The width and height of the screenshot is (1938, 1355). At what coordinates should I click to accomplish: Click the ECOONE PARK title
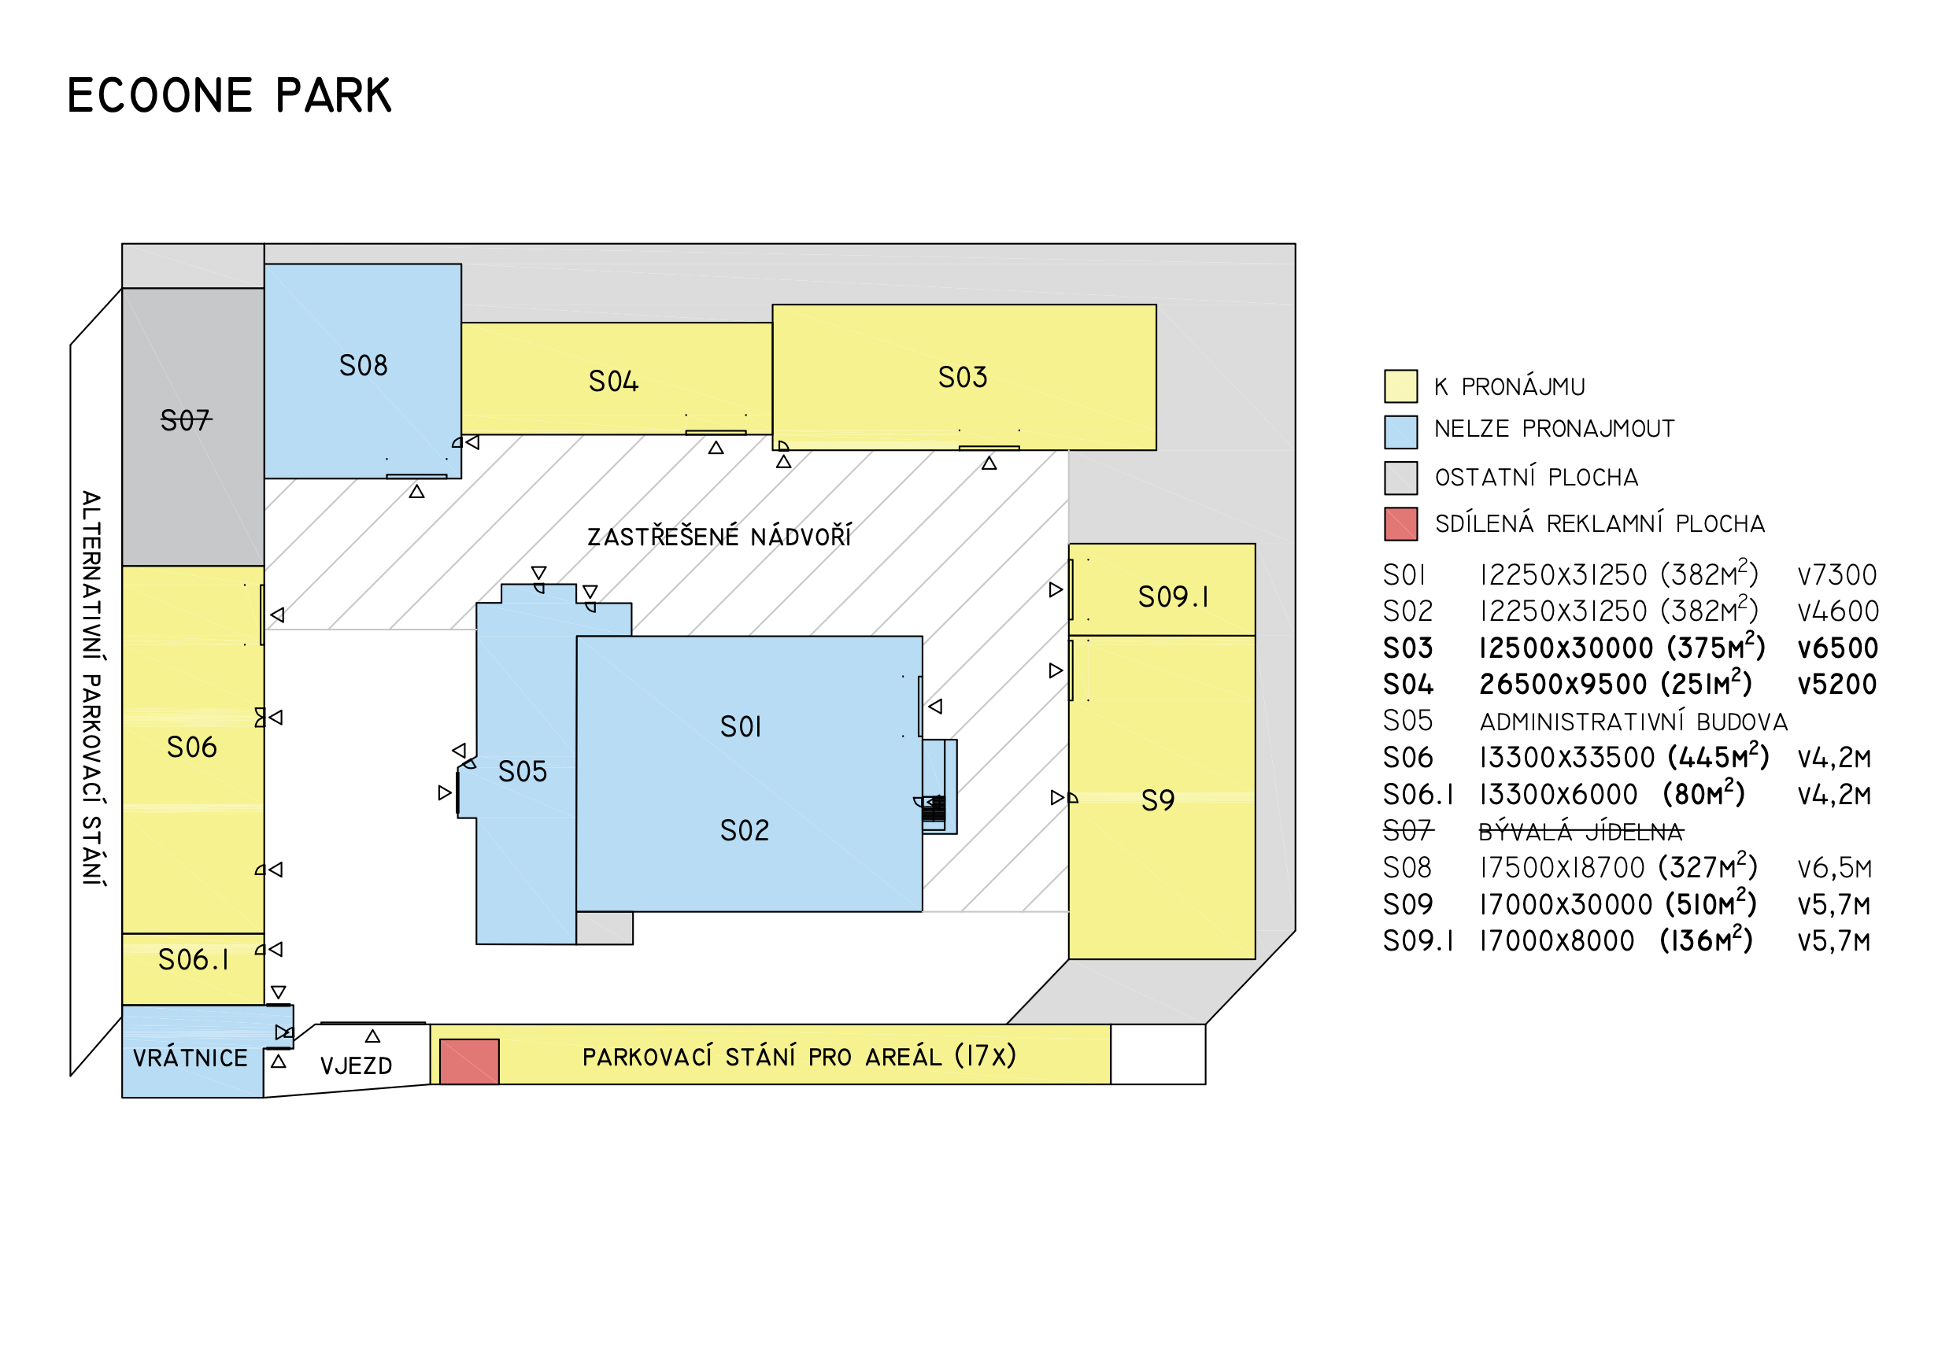[229, 95]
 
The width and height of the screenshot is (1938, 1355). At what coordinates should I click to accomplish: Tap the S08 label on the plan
[363, 366]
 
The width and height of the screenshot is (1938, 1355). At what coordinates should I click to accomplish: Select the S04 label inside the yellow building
[614, 382]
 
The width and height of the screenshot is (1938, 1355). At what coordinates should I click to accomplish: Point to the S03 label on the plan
[962, 378]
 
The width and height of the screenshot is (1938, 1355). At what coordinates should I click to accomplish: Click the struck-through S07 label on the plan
[186, 420]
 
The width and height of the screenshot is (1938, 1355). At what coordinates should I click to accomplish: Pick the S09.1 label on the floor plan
[1172, 597]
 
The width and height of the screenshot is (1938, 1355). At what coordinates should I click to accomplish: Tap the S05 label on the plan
[523, 772]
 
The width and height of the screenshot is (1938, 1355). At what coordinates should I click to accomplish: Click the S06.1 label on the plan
[194, 960]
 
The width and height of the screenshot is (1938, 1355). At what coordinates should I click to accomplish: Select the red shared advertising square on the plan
[469, 1061]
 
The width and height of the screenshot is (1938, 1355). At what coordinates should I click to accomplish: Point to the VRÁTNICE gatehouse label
[190, 1058]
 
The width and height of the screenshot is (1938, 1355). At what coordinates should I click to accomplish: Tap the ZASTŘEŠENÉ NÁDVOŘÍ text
[719, 537]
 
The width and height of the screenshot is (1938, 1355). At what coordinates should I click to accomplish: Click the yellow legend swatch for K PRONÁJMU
[1400, 386]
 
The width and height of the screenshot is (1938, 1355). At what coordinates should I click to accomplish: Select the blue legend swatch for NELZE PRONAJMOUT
[1400, 432]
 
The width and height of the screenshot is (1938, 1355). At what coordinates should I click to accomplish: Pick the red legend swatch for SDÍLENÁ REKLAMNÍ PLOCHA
[1400, 524]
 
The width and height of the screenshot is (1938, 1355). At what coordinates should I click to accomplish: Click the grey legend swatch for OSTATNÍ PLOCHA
[1400, 478]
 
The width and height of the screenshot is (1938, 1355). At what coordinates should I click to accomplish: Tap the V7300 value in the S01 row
[1836, 576]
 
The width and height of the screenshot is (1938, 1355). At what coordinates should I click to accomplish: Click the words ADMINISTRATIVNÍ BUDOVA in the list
[1633, 722]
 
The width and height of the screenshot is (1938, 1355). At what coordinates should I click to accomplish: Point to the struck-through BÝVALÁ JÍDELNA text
[1580, 833]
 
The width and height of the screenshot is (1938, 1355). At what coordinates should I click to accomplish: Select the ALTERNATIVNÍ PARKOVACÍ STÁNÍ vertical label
[92, 688]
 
